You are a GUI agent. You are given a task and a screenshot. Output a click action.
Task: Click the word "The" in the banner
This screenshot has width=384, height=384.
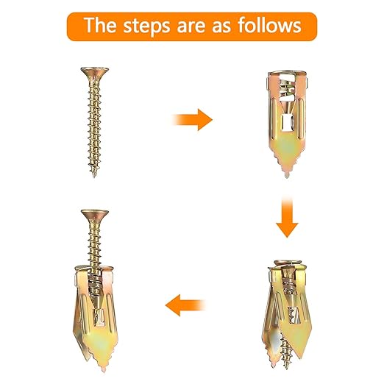click(100, 25)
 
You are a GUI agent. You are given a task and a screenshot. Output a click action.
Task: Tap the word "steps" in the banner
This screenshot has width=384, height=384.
click(146, 26)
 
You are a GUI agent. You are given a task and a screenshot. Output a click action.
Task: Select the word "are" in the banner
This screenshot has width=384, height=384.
click(191, 26)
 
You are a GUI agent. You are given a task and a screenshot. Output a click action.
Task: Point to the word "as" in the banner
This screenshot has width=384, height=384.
click(221, 26)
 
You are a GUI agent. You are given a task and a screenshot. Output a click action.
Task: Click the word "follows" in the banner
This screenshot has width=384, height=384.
click(269, 25)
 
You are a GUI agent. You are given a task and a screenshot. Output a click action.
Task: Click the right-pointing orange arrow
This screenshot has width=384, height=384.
click(193, 120)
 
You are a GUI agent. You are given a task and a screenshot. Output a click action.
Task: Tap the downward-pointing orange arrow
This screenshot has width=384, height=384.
click(287, 217)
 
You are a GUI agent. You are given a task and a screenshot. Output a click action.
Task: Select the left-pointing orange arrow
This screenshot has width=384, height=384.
click(185, 305)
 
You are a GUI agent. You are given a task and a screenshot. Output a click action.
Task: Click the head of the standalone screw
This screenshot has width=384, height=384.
click(95, 72)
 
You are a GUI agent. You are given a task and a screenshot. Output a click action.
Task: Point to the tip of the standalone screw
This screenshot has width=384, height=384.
click(94, 176)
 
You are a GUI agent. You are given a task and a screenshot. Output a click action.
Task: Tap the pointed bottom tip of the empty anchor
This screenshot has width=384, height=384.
click(287, 176)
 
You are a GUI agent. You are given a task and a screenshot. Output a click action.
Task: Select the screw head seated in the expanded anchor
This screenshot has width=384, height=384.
click(288, 263)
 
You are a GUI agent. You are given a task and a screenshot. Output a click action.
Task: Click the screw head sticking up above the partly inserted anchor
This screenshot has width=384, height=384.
click(95, 215)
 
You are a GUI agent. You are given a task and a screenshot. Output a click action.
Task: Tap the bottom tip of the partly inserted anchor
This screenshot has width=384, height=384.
click(104, 371)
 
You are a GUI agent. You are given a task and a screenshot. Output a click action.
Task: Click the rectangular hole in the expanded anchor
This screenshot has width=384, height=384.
click(294, 315)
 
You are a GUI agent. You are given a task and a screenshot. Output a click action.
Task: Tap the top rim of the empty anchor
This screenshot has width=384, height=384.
click(287, 73)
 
